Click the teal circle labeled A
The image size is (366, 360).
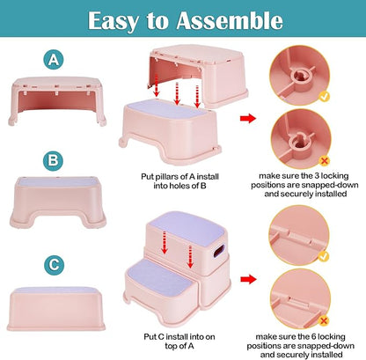(54, 60)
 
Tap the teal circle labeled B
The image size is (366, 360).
(53, 161)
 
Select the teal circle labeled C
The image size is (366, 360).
(54, 265)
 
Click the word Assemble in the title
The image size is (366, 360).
(230, 20)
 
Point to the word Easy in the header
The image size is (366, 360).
(113, 21)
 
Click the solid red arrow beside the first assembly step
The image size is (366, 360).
(248, 118)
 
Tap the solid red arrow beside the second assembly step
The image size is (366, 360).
(248, 279)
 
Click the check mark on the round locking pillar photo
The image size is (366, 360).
(324, 97)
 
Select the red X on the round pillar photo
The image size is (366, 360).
(324, 160)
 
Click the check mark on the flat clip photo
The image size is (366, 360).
(324, 256)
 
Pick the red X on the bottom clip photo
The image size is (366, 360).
(324, 320)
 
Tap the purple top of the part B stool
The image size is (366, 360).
(57, 182)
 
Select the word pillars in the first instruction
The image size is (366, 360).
(167, 177)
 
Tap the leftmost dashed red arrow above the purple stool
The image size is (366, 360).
(157, 85)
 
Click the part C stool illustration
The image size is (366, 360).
(56, 309)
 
